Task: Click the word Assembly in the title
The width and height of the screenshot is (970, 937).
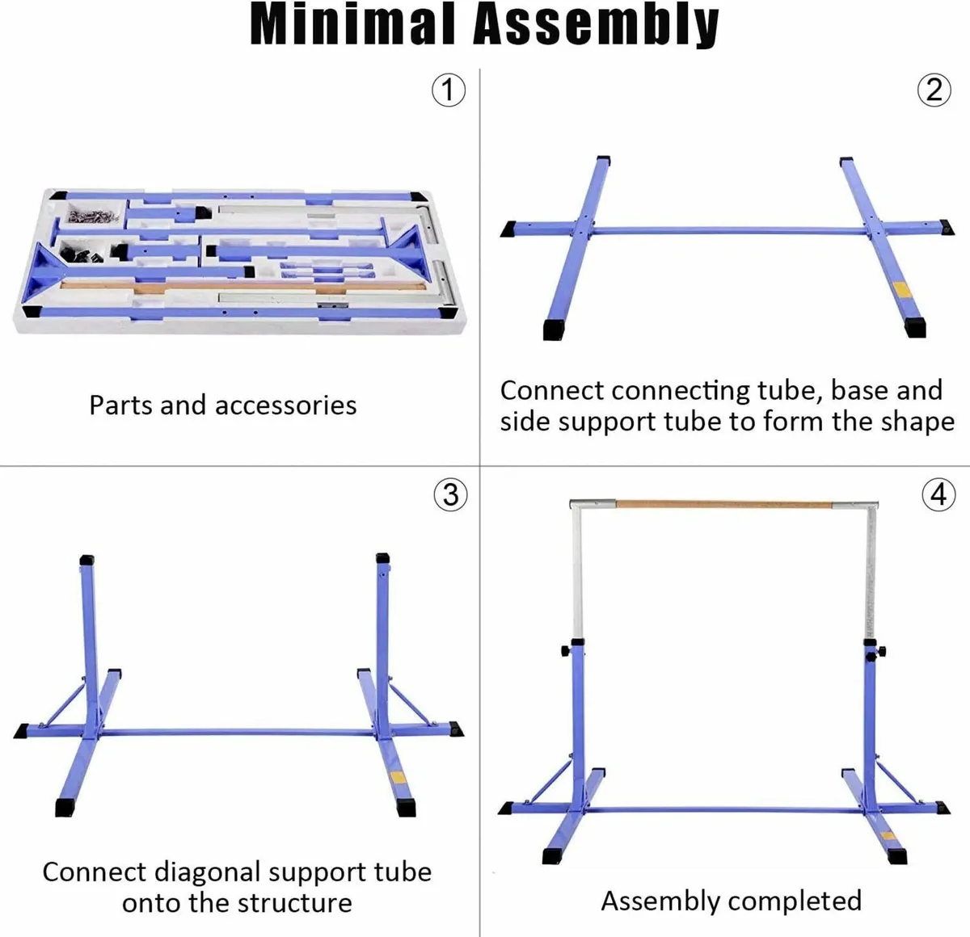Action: point(595,26)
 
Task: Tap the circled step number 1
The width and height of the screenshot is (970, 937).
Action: point(449,90)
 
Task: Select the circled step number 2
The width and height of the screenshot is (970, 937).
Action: point(934,90)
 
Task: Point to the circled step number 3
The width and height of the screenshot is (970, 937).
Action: point(451,494)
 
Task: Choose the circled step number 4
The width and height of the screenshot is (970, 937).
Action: point(938,494)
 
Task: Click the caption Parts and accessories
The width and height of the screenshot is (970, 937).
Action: point(222,405)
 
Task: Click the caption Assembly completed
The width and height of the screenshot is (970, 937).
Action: point(731,900)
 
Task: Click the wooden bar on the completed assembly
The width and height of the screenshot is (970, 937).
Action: point(723,504)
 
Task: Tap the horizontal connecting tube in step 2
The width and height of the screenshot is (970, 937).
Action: point(719,231)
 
